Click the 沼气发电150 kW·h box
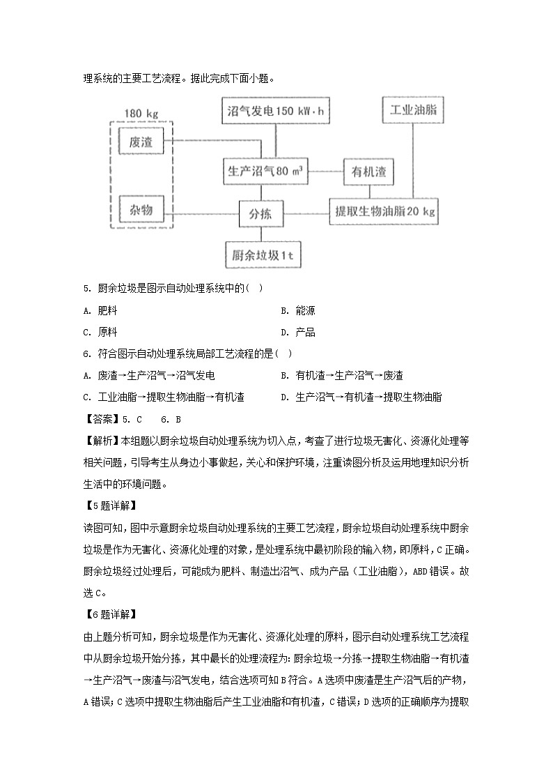[276, 111]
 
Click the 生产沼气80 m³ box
[265, 171]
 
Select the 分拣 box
[261, 214]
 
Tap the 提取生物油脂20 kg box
[384, 211]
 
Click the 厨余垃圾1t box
[262, 254]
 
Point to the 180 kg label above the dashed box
[142, 113]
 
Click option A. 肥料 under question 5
[101, 310]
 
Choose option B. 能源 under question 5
[297, 310]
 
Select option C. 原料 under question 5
[101, 332]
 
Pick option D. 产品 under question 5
[297, 332]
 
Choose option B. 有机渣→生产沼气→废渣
[341, 375]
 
